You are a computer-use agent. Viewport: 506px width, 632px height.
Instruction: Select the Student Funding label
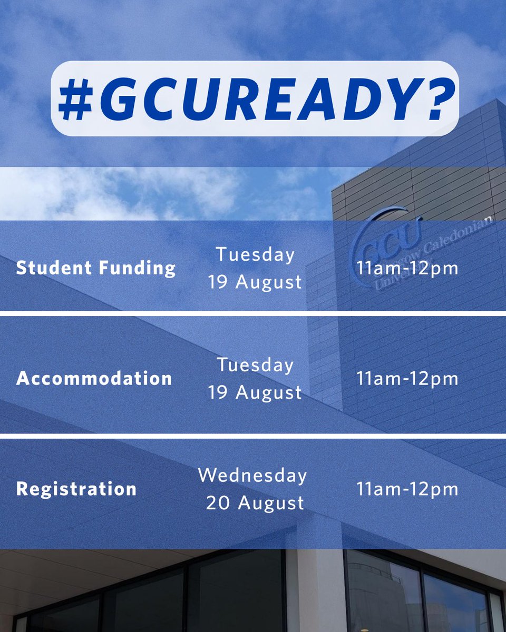pyautogui.click(x=95, y=268)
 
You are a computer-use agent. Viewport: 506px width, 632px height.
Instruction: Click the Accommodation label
pyautogui.click(x=94, y=379)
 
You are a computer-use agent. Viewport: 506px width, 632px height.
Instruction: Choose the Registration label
pyautogui.click(x=76, y=489)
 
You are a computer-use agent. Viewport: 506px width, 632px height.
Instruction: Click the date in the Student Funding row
pyautogui.click(x=255, y=268)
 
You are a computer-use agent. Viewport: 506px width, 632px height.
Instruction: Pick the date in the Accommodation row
pyautogui.click(x=255, y=379)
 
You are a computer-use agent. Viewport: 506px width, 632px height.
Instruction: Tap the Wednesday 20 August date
pyautogui.click(x=253, y=489)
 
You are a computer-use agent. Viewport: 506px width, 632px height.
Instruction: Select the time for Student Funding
pyautogui.click(x=407, y=268)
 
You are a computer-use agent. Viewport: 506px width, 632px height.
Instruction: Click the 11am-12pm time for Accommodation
pyautogui.click(x=407, y=379)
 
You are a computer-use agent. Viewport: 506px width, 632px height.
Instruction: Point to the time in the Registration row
pyautogui.click(x=407, y=489)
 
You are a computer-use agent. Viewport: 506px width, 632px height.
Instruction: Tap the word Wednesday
pyautogui.click(x=252, y=475)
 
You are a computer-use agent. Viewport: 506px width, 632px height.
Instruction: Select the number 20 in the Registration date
pyautogui.click(x=217, y=503)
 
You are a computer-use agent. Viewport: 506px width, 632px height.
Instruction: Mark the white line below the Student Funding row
pyautogui.click(x=253, y=313)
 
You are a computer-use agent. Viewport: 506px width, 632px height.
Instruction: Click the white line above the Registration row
pyautogui.click(x=253, y=436)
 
